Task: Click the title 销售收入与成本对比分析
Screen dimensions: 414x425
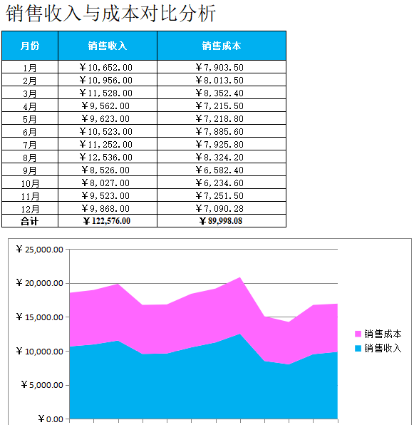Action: [x=110, y=14]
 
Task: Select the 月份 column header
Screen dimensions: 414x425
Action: [x=30, y=46]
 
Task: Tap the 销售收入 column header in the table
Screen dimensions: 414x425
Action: [x=108, y=46]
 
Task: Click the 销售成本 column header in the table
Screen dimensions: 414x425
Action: [x=222, y=46]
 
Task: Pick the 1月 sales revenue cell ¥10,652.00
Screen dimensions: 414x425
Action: [x=106, y=67]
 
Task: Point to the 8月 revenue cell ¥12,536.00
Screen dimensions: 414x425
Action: [x=106, y=157]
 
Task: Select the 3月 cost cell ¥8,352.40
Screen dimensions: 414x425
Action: [x=220, y=93]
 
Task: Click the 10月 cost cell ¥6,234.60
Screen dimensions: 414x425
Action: [x=220, y=183]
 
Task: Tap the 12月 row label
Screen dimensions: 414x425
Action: [x=30, y=209]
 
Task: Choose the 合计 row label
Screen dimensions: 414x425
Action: [x=29, y=221]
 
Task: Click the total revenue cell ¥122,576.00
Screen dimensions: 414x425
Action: [x=107, y=221]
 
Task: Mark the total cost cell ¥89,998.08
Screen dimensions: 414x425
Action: [x=221, y=221]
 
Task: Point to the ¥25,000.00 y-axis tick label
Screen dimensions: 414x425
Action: [x=40, y=250]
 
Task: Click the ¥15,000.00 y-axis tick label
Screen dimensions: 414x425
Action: [x=40, y=317]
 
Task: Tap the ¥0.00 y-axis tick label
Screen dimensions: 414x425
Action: [x=51, y=419]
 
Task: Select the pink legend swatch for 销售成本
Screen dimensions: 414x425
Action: [x=358, y=334]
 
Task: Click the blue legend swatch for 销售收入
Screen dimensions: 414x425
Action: [x=358, y=348]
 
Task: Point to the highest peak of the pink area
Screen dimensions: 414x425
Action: [x=240, y=277]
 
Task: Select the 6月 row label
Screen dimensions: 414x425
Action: [x=29, y=132]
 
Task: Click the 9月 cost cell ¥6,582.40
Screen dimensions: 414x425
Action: [x=220, y=170]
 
